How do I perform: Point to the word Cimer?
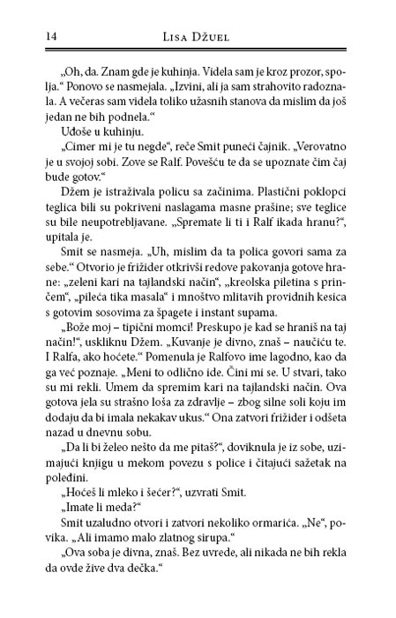73,149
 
